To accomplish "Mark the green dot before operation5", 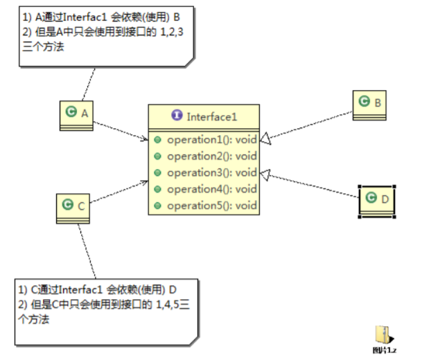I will pyautogui.click(x=158, y=206).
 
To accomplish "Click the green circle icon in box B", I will pyautogui.click(x=364, y=102).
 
